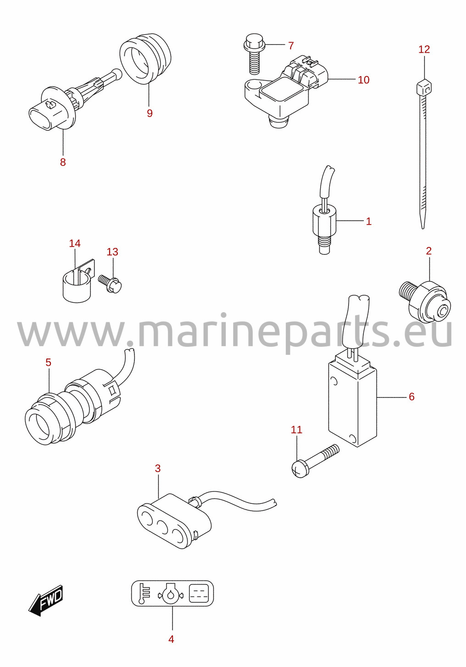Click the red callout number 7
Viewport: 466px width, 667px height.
291,45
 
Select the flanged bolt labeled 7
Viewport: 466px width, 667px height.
254,54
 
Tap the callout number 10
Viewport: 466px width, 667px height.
364,80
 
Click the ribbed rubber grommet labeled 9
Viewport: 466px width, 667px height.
145,59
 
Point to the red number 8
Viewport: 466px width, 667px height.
63,162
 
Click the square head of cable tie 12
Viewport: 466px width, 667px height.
424,87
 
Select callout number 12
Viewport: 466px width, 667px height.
424,49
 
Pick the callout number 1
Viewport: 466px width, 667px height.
369,221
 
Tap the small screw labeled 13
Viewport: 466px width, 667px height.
110,283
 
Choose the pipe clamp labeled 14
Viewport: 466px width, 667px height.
78,281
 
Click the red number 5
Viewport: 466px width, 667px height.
48,363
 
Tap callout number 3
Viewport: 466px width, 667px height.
158,469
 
